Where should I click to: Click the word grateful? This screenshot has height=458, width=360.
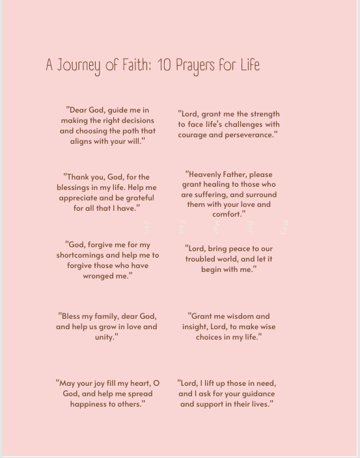[135, 198]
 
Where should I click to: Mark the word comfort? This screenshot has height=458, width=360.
[227, 215]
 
